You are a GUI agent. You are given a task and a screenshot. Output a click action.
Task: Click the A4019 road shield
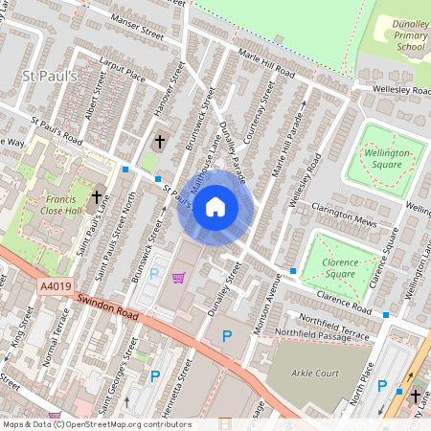pos(56,285)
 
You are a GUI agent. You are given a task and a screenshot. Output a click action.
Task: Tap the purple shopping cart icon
pos(178,278)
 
